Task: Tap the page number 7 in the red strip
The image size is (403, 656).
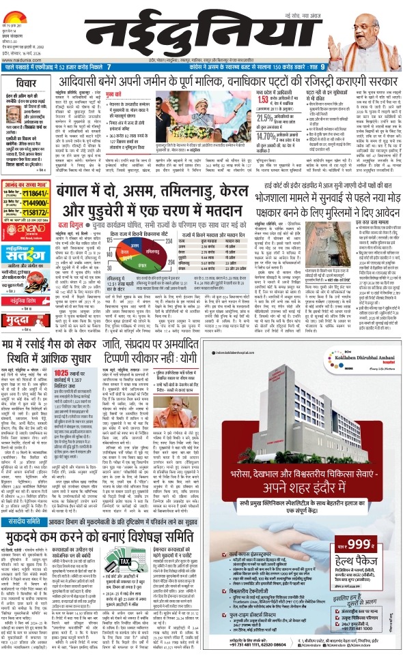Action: [110, 68]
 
